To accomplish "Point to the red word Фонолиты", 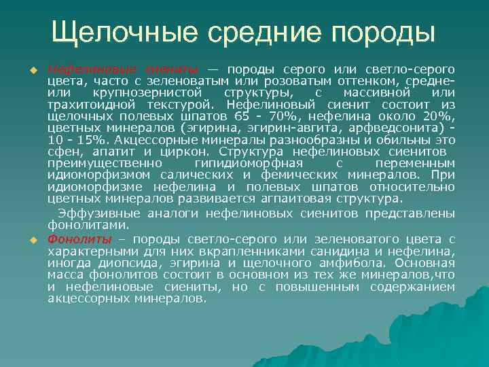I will [x=75, y=239].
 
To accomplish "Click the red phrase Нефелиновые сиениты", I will [x=122, y=69].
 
